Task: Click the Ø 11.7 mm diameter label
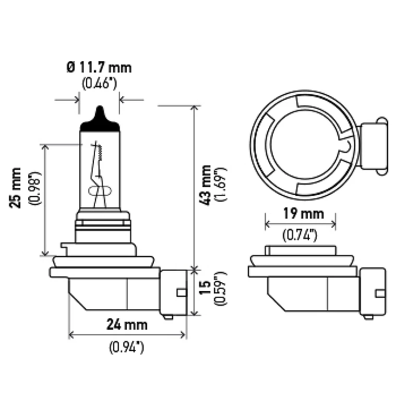point(99,67)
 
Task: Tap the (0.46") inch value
point(99,83)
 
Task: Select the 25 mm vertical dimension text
point(15,188)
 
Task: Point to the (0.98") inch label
point(35,188)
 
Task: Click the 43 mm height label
point(205,185)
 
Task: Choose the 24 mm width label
point(127,324)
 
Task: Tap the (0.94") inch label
point(126,347)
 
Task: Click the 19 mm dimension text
point(303,214)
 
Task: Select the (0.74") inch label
point(300,235)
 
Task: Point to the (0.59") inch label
point(220,288)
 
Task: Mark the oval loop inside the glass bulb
point(100,191)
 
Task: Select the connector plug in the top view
point(373,146)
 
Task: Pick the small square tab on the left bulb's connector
point(182,293)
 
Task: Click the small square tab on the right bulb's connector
point(380,294)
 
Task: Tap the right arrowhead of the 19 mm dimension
point(333,224)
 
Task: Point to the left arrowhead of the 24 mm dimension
point(71,334)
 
